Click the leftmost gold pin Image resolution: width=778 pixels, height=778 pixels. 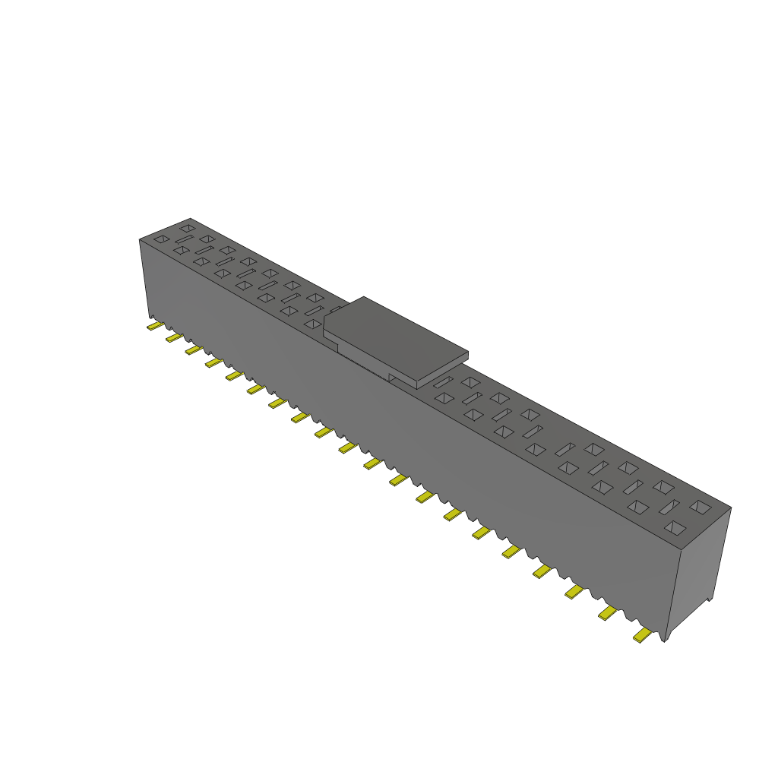pyautogui.click(x=154, y=327)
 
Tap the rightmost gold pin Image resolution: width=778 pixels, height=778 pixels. pyautogui.click(x=643, y=635)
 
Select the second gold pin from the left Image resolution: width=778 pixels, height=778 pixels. pyautogui.click(x=174, y=337)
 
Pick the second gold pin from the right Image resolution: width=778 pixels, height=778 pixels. pyautogui.click(x=608, y=612)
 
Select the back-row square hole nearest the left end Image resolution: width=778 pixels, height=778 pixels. pyautogui.click(x=187, y=228)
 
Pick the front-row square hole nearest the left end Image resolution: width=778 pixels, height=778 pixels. pyautogui.click(x=161, y=239)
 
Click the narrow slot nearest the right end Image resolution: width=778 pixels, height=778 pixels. pyautogui.click(x=669, y=506)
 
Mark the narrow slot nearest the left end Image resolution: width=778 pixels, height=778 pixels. pyautogui.click(x=184, y=239)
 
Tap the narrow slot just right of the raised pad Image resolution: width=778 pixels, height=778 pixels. pyautogui.click(x=444, y=382)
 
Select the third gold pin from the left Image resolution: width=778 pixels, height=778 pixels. pyautogui.click(x=194, y=349)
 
